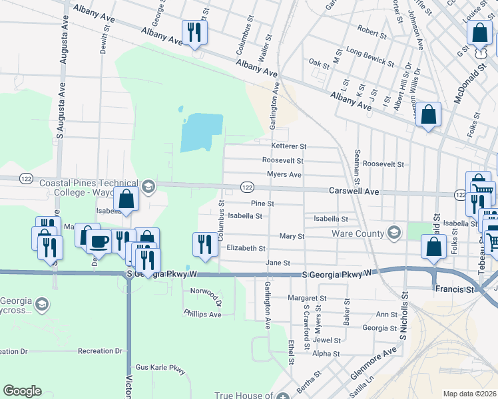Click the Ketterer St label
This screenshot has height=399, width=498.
[288, 146]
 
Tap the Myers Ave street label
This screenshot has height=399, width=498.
[284, 175]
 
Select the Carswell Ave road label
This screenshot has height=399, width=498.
[354, 191]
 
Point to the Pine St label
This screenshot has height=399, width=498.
[262, 204]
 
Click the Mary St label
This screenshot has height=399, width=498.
[292, 236]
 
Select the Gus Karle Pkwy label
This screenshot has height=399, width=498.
[160, 367]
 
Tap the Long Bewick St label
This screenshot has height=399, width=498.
[370, 56]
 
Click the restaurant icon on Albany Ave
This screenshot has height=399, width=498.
[194, 31]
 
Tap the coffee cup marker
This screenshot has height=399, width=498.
[99, 240]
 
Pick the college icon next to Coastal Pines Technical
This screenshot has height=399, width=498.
[147, 187]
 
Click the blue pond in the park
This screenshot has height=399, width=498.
[201, 131]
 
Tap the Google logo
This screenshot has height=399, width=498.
[22, 391]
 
